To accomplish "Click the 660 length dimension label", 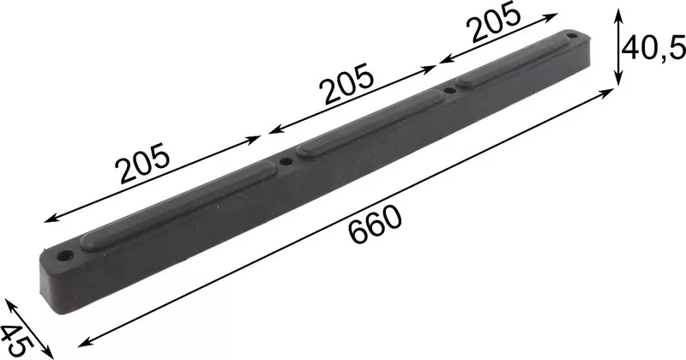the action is click(376, 225).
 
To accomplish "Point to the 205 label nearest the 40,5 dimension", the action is click(494, 22).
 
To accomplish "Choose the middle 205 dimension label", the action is click(347, 84).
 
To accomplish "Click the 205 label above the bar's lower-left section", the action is click(141, 163).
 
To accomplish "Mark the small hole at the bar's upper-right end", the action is click(572, 35).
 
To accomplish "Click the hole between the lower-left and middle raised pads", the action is click(286, 161).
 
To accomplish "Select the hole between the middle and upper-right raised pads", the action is click(449, 91).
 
